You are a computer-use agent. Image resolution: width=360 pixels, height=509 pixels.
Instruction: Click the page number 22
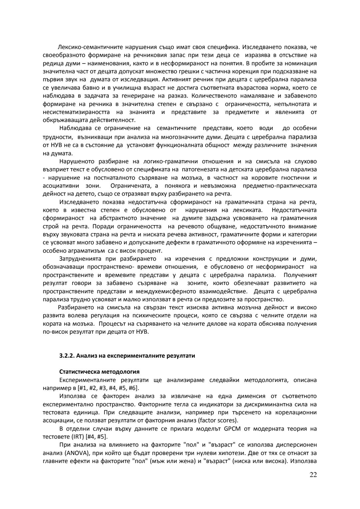[x=313, y=475]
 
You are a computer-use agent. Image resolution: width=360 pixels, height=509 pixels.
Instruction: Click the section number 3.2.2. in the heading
[x=67, y=356]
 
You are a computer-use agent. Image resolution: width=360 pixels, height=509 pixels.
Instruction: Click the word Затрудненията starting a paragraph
[x=79, y=259]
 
